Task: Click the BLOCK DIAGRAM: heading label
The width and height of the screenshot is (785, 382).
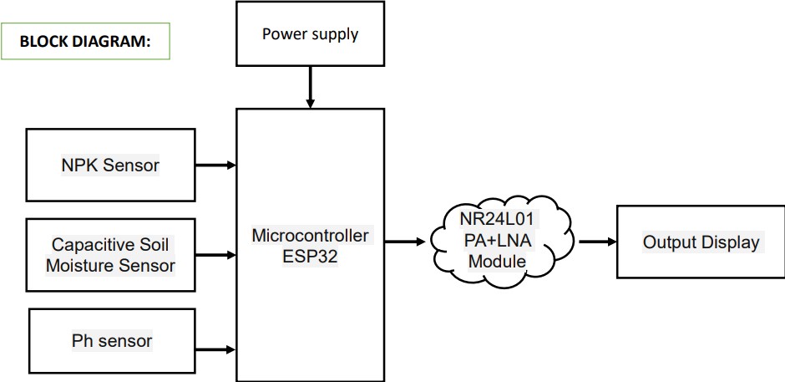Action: tap(85, 41)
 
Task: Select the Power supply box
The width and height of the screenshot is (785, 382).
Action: tap(310, 34)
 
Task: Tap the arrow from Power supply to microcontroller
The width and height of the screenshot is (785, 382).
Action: tap(310, 87)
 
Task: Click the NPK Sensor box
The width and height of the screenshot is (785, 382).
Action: tap(110, 165)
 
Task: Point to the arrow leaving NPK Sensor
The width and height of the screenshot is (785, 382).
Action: tap(216, 165)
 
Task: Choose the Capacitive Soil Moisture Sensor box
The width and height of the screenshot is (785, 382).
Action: tap(110, 255)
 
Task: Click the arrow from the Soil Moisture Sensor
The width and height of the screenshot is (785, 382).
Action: tap(216, 254)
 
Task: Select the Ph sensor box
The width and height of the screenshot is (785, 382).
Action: tap(111, 341)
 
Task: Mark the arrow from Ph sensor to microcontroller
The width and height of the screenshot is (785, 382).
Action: tap(216, 347)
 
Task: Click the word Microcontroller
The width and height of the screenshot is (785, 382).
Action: tap(310, 235)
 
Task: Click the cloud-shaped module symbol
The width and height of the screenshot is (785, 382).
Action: tap(501, 242)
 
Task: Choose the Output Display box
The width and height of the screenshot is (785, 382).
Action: tap(700, 242)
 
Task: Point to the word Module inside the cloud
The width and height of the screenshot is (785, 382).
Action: tap(499, 262)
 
